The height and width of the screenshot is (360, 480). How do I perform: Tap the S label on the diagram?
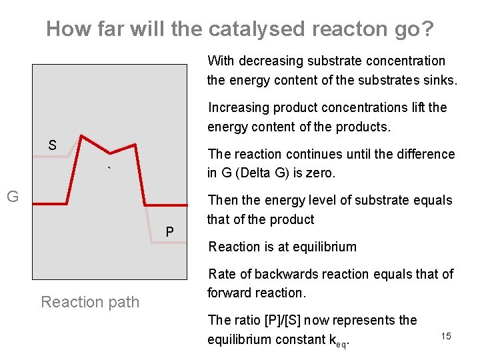[52, 145]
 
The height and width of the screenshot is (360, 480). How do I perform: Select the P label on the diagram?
[170, 232]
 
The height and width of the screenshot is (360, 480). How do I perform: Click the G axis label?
[12, 196]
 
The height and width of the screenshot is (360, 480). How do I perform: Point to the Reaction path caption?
[90, 302]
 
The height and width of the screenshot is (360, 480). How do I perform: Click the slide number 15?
[446, 336]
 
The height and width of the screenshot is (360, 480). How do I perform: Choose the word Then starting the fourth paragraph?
[223, 200]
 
